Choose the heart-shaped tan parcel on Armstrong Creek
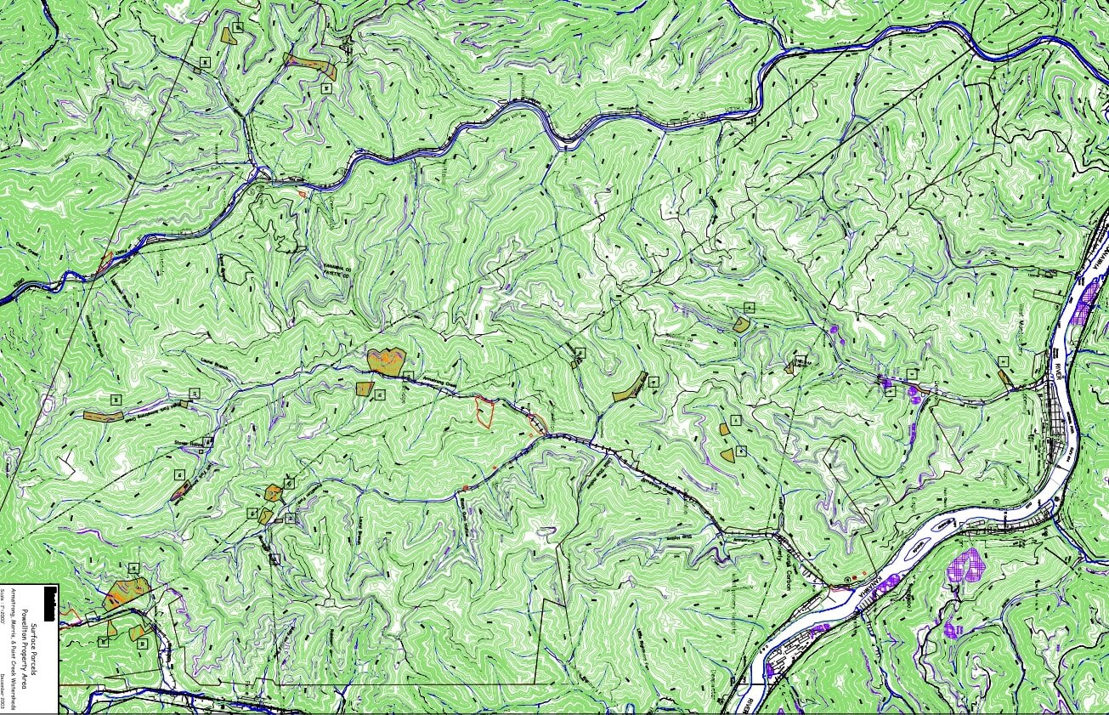[x=387, y=360]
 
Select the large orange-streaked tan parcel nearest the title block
[x=127, y=592]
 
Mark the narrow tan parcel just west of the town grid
[x=1004, y=377]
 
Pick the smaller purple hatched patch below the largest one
[x=952, y=629]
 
